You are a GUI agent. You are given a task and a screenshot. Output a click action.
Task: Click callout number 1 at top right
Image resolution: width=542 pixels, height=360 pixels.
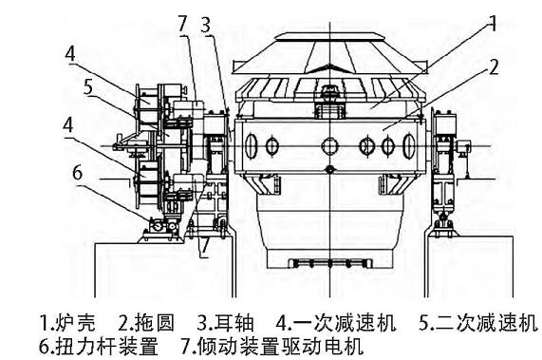coord(493,24)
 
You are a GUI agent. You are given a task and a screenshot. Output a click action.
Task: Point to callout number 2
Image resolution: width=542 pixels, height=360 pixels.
coord(494,67)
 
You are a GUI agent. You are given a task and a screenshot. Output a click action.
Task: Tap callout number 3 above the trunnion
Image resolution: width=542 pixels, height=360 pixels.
coord(206,26)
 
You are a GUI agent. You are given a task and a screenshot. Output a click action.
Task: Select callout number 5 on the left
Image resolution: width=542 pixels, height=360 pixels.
coord(88,87)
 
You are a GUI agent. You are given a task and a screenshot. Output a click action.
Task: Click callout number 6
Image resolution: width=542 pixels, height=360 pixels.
coord(78,172)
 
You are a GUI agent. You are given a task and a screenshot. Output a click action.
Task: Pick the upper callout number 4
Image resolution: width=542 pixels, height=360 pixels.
coord(70,54)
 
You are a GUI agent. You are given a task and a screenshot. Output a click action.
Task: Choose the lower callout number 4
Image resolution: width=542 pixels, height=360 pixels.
coord(68,124)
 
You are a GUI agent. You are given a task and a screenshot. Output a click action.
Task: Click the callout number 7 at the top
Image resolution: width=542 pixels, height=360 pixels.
coord(183,24)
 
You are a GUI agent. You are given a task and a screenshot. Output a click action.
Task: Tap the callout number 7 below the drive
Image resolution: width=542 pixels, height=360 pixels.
coord(205,245)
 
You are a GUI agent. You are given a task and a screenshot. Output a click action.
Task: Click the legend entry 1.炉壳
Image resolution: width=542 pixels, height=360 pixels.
coord(67,322)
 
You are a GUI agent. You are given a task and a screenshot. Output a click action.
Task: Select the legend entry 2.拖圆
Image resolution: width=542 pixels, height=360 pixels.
coord(146,322)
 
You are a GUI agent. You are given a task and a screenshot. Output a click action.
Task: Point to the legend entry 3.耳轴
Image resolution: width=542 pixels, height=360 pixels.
coord(225,322)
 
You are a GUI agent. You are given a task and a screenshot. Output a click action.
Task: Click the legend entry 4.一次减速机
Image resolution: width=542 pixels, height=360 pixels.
coord(336,322)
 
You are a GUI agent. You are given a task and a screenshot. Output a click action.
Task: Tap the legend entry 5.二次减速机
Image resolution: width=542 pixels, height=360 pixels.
coord(478,322)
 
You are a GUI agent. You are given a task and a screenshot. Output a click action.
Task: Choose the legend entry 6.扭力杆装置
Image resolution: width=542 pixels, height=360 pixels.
coord(99,346)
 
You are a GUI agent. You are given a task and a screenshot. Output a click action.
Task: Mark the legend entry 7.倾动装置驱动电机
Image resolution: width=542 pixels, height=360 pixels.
coord(272,346)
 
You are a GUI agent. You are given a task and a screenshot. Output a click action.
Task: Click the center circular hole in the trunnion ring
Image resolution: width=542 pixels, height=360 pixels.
coord(329,146)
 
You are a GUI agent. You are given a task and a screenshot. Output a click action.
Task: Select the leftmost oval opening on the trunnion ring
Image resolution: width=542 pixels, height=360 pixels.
coord(252,146)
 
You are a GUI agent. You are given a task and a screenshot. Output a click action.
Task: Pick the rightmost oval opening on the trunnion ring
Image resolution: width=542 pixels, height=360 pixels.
coord(409,146)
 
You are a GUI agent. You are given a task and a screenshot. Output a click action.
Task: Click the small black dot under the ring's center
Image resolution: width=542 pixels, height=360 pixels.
coord(330,169)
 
